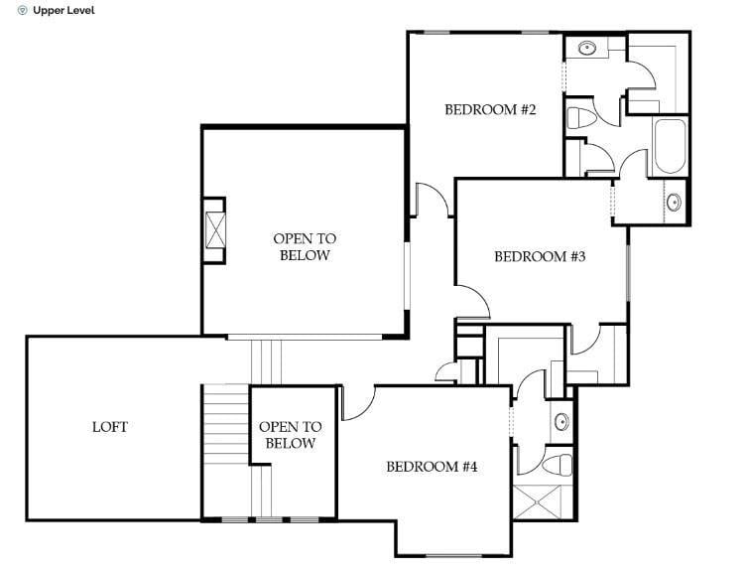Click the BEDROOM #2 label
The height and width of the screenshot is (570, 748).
(490, 110)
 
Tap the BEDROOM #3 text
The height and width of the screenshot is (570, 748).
(541, 257)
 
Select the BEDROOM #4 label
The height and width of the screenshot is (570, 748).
(433, 467)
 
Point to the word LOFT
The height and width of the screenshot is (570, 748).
(110, 427)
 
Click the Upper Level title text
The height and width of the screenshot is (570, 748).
(64, 11)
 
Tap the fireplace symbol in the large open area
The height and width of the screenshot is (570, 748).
(214, 231)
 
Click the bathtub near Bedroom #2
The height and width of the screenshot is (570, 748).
(671, 147)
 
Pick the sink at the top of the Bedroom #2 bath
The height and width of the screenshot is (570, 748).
(586, 47)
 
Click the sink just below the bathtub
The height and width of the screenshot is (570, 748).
(674, 203)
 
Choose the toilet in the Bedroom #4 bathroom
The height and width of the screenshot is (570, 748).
(558, 463)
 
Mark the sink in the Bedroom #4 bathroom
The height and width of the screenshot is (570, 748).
(561, 420)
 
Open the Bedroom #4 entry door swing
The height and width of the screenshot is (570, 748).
(357, 402)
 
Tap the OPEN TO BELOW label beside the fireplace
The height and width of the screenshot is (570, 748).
(305, 247)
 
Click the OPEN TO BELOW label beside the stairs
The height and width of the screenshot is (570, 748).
(290, 435)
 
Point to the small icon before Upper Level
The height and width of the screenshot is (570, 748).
(23, 11)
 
